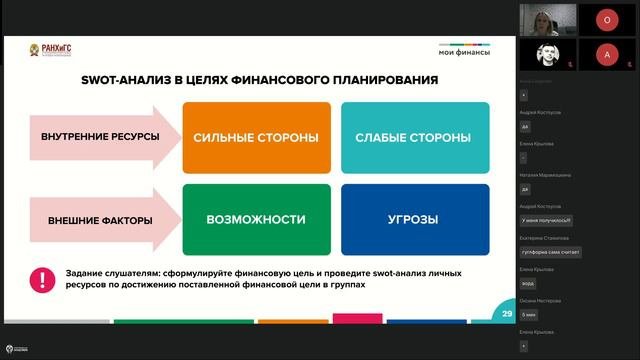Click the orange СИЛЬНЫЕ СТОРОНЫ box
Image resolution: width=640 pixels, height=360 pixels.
click(x=256, y=137)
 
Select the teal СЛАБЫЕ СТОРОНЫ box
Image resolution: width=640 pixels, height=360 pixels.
click(x=413, y=137)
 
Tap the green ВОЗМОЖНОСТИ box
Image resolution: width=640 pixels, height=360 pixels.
click(x=256, y=219)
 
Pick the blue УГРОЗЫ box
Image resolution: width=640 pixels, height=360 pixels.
click(x=413, y=219)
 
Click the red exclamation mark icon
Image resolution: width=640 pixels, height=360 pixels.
click(x=42, y=279)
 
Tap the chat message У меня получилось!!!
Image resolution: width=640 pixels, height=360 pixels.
click(x=546, y=219)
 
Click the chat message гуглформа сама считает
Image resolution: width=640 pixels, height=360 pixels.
click(x=550, y=252)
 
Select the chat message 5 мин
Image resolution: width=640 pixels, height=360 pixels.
click(x=530, y=314)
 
